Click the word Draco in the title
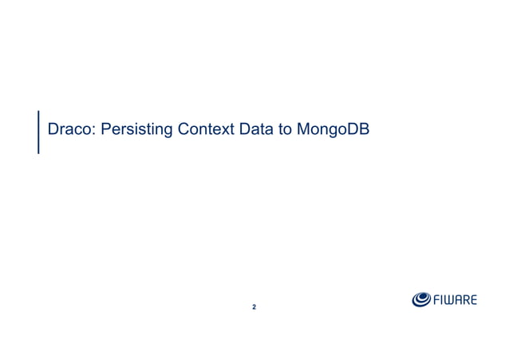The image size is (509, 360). [x=70, y=129]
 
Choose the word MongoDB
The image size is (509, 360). [x=332, y=129]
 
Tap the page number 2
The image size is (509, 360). [x=254, y=307]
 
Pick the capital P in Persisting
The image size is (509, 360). [x=105, y=129]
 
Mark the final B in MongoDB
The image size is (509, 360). [x=363, y=129]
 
